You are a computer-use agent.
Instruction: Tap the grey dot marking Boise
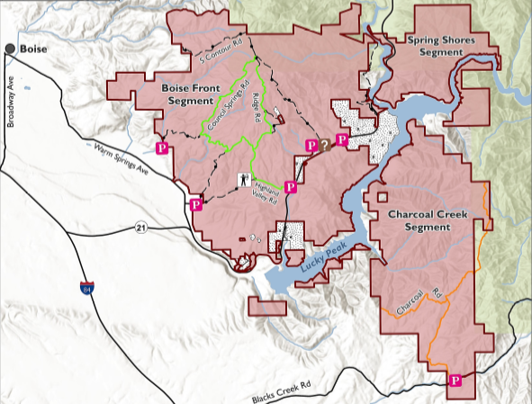tap(10, 48)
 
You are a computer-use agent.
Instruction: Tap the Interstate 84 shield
tap(84, 287)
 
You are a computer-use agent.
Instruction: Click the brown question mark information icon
tap(323, 144)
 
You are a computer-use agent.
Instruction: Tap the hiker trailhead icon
tap(244, 180)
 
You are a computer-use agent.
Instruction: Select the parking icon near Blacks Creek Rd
tap(455, 381)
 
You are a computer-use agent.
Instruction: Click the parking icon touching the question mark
tap(311, 145)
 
